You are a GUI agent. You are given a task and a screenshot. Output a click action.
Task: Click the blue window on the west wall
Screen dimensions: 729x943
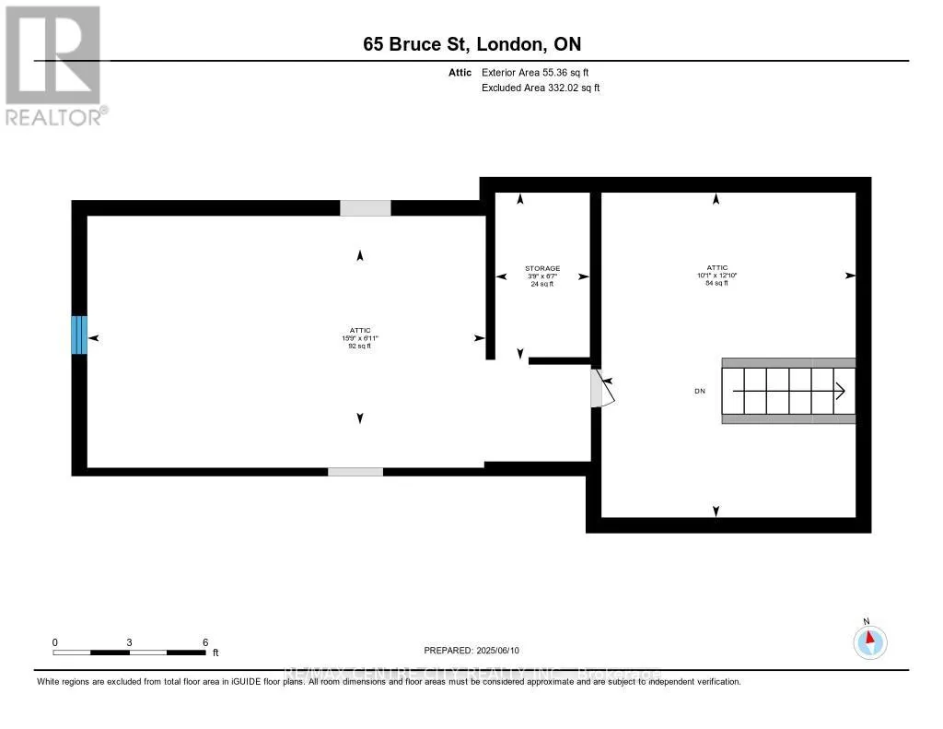click(x=79, y=335)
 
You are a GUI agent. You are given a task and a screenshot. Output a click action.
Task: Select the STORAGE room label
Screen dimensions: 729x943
click(x=542, y=268)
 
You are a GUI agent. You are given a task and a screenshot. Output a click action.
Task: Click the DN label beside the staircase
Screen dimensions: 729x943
click(x=700, y=392)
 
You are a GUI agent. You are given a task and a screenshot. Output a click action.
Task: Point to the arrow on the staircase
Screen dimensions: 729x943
click(x=838, y=392)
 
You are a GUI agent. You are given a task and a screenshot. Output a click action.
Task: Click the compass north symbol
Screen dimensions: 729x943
click(x=869, y=640)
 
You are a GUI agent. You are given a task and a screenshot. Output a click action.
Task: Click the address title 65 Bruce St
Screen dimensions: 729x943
click(x=471, y=44)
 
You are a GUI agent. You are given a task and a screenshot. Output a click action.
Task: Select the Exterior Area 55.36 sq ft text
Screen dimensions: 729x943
click(x=541, y=72)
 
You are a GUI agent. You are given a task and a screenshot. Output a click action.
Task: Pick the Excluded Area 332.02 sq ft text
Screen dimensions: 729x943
click(x=541, y=88)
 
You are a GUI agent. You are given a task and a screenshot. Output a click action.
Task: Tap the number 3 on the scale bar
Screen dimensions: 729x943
click(x=130, y=642)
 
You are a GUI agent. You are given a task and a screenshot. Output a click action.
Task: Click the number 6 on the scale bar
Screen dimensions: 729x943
click(x=205, y=642)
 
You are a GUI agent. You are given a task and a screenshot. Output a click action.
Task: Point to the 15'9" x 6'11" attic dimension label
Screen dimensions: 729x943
click(x=359, y=338)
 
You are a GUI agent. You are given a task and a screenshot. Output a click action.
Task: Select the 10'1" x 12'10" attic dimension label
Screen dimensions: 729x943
click(x=716, y=276)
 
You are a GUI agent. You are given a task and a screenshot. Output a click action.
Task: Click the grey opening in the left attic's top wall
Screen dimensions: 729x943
click(x=365, y=208)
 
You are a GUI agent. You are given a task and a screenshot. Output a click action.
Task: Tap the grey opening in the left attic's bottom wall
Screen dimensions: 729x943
click(x=355, y=472)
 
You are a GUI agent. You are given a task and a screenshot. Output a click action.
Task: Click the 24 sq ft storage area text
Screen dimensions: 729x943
click(x=542, y=284)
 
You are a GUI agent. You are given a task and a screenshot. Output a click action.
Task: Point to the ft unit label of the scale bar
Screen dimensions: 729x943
click(x=216, y=653)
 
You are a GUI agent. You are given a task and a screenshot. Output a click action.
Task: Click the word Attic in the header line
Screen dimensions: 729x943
click(x=462, y=72)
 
